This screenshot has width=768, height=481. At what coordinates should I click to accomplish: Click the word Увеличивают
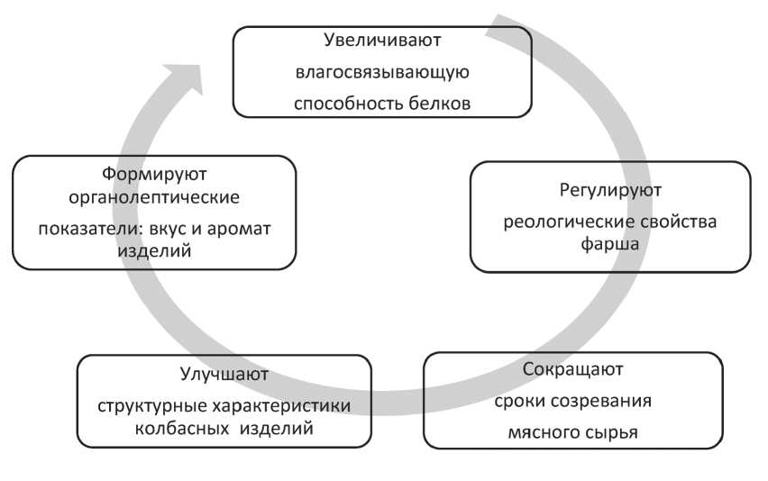pyautogui.click(x=382, y=40)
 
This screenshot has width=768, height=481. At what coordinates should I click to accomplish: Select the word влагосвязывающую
pyautogui.click(x=382, y=71)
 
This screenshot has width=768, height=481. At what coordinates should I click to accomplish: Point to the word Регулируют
pyautogui.click(x=610, y=190)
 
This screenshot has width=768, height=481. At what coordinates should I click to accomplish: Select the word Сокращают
pyautogui.click(x=572, y=369)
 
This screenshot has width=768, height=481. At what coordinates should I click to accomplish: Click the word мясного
pyautogui.click(x=540, y=431)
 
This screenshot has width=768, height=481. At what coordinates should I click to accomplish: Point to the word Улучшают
pyautogui.click(x=224, y=372)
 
